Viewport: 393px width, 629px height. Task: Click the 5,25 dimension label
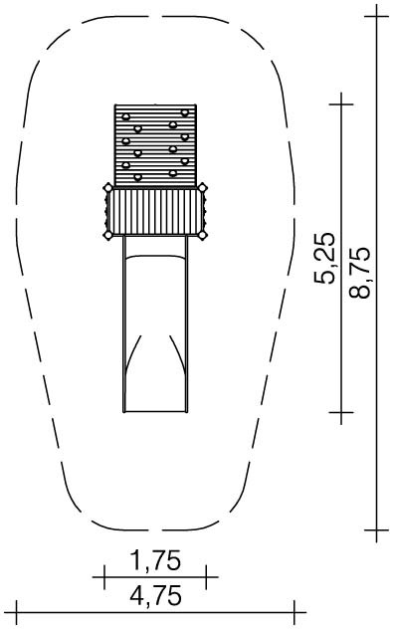[324, 258]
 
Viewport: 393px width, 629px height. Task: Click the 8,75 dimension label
[360, 272]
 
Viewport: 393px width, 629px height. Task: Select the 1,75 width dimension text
[155, 560]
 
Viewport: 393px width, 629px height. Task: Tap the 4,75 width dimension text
[155, 596]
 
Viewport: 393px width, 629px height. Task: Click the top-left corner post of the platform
[107, 187]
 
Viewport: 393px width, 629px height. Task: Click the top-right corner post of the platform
[203, 187]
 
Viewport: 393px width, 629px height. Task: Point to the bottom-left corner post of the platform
[107, 235]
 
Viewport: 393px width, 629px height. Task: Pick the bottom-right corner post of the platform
[203, 235]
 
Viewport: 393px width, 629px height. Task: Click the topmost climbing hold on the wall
[184, 112]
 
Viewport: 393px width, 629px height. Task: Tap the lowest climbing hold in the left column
[137, 177]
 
